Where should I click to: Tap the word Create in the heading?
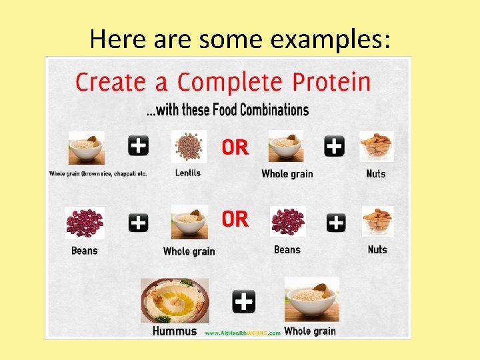[x=110, y=83]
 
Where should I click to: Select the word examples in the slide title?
[x=331, y=39]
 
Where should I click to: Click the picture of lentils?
[x=189, y=147]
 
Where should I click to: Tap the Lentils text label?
[x=188, y=173]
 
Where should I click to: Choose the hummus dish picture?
[x=175, y=301]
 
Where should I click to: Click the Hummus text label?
[x=175, y=331]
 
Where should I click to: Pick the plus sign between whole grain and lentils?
[x=138, y=145]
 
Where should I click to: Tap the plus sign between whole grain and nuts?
[x=334, y=145]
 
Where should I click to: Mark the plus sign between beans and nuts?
[x=336, y=223]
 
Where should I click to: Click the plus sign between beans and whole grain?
[x=138, y=223]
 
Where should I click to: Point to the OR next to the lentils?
[x=235, y=147]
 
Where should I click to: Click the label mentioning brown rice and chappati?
[x=98, y=174]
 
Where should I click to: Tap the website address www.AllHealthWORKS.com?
[x=243, y=333]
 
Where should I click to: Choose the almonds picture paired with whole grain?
[x=376, y=147]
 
